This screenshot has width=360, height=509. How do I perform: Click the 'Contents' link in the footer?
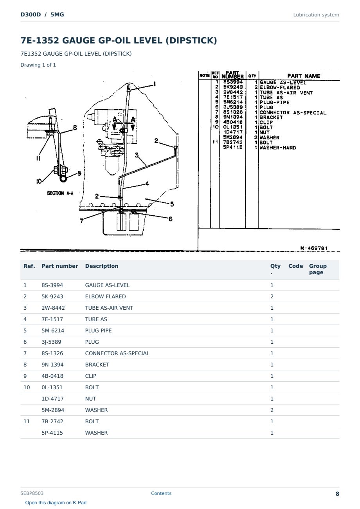click(x=161, y=493)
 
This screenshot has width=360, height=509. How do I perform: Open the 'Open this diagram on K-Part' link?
click(x=56, y=502)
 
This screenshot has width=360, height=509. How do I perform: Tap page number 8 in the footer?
click(x=337, y=494)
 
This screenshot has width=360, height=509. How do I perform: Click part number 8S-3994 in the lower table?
click(x=52, y=285)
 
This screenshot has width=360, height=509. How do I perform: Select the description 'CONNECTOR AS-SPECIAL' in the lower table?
click(x=117, y=353)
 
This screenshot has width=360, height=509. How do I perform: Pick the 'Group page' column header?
click(x=318, y=269)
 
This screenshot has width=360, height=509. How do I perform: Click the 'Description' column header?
click(x=102, y=266)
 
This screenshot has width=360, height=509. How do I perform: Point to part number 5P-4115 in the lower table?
click(x=52, y=433)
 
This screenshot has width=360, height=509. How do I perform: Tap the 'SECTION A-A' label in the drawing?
click(x=60, y=193)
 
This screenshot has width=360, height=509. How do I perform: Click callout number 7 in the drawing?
click(x=81, y=221)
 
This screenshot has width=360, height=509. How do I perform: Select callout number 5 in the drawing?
click(x=172, y=204)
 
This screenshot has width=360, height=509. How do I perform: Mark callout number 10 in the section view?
click(x=39, y=181)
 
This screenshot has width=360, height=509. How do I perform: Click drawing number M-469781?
click(x=314, y=248)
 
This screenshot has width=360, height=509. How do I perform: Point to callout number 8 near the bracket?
click(x=75, y=128)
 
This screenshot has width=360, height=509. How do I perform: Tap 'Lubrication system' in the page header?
click(x=316, y=15)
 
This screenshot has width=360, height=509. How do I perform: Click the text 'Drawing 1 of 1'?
click(x=38, y=65)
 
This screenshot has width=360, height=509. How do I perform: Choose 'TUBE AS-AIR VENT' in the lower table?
click(x=109, y=308)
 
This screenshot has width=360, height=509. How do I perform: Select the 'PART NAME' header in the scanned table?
click(x=304, y=76)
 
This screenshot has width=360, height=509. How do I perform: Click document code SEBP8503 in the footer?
click(x=32, y=493)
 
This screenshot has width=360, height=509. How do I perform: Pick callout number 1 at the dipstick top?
click(x=155, y=84)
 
